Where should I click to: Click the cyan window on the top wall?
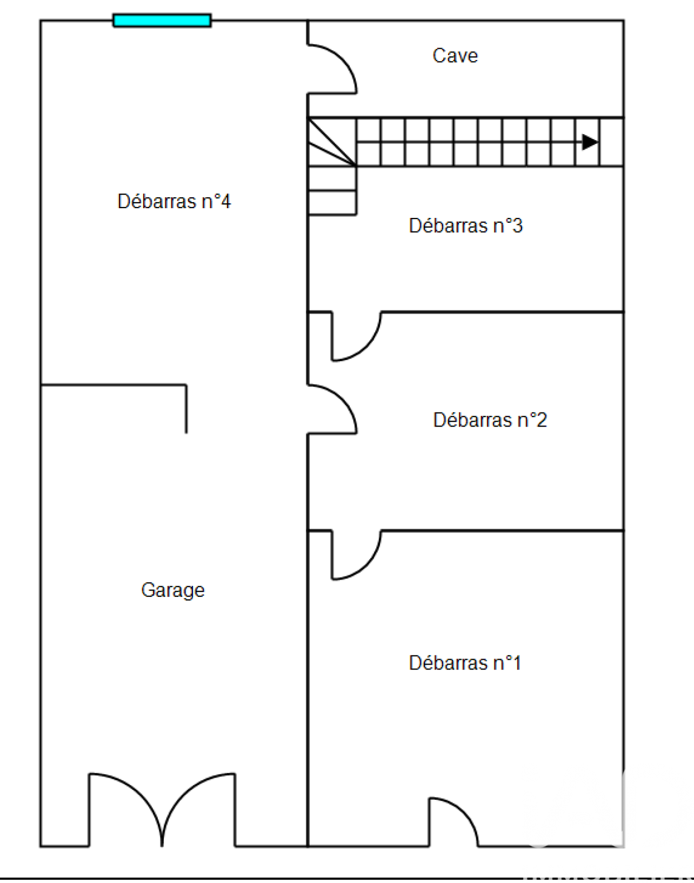point(162,21)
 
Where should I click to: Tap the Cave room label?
point(455,56)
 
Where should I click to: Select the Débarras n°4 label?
point(174,201)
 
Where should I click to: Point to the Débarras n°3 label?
point(465,225)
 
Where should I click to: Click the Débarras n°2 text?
point(490,420)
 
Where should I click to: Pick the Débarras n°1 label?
point(465,663)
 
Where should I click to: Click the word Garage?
point(172,590)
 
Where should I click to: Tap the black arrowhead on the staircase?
point(590,142)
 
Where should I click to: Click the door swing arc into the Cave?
point(332,69)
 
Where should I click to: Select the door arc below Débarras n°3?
point(356,336)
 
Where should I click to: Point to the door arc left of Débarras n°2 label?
point(332,409)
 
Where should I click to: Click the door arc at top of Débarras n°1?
point(356,555)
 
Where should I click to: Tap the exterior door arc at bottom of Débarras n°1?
point(453,822)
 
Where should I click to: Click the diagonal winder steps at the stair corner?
point(332,142)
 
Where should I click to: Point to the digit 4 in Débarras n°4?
point(226,201)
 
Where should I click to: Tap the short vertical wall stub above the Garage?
point(186,409)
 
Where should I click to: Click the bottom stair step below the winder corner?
point(332,203)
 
